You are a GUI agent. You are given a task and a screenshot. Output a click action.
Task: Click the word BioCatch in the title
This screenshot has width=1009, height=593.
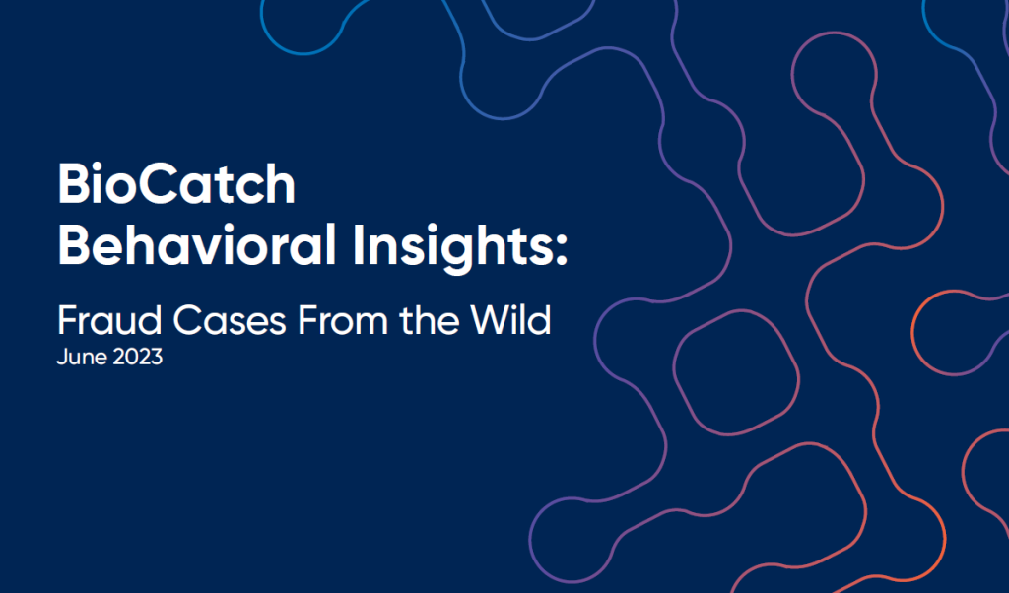point(177,184)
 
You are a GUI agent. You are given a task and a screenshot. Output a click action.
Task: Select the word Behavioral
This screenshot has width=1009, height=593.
point(197,245)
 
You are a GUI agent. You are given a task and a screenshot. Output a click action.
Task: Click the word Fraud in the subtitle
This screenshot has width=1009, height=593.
point(109,320)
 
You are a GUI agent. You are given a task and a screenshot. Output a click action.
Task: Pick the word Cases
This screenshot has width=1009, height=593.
point(229,320)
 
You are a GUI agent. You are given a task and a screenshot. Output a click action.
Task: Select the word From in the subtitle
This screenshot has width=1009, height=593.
point(342,320)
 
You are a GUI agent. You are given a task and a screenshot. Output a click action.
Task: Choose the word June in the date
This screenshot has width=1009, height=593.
point(80,357)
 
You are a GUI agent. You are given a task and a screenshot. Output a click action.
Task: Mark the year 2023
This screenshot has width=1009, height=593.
point(136,357)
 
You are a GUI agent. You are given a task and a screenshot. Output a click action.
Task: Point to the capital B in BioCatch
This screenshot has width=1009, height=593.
point(73,184)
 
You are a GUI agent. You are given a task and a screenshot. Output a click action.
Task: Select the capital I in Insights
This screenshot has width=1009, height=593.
point(357,244)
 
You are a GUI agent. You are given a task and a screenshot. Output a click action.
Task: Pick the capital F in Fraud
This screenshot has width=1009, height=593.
point(68,320)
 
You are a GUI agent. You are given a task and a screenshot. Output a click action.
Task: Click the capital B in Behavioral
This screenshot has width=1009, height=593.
point(73,244)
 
